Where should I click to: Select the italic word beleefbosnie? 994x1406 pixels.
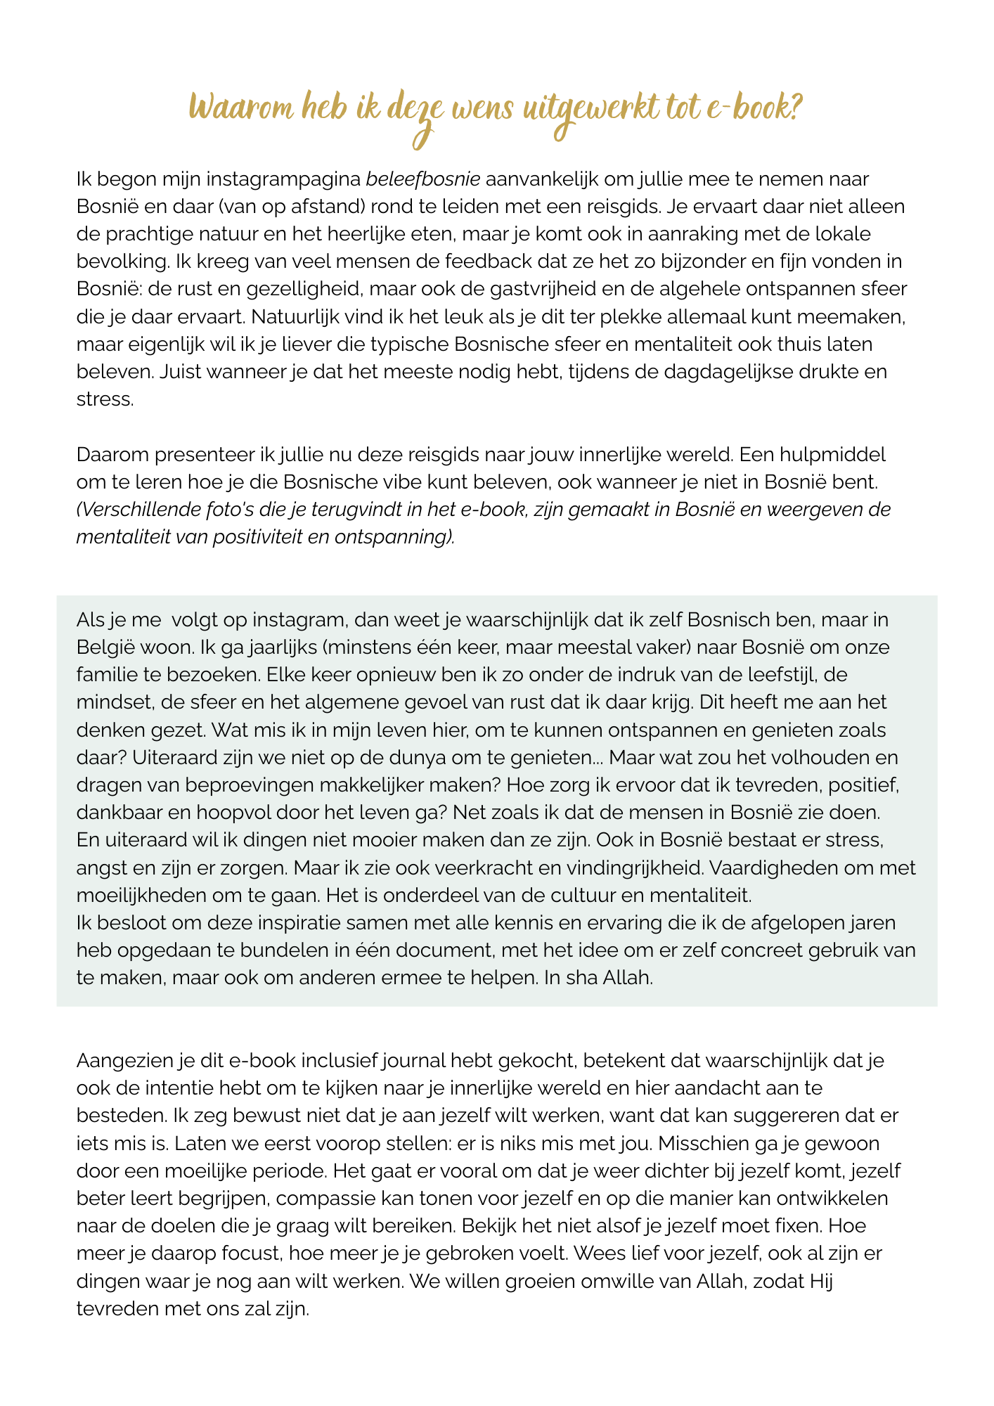coord(423,179)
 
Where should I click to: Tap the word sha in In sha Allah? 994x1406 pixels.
coord(579,978)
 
